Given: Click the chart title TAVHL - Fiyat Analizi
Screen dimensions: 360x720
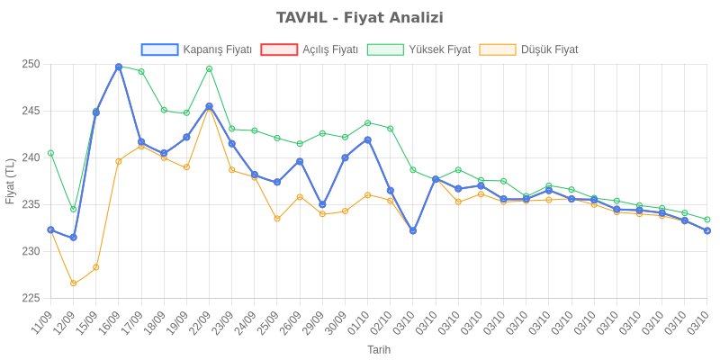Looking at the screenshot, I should (x=360, y=18).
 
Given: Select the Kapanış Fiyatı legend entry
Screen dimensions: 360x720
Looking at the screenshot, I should (x=196, y=49).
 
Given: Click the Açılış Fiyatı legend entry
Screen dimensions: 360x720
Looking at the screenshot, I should (x=310, y=49).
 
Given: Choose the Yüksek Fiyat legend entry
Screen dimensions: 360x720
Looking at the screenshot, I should (x=419, y=49).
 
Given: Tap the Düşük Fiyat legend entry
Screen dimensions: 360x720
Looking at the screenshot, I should (x=529, y=49).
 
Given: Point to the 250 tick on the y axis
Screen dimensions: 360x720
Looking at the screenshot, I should (x=32, y=65).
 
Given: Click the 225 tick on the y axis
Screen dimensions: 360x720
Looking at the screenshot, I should (x=32, y=298).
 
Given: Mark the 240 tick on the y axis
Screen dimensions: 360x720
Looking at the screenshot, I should (x=32, y=158).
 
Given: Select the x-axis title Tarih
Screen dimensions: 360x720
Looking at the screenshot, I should (x=378, y=349).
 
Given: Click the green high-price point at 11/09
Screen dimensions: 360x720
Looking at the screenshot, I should (x=50, y=153).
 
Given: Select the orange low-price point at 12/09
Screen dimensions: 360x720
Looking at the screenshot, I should (x=73, y=283).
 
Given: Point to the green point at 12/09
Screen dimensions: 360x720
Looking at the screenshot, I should (x=73, y=210).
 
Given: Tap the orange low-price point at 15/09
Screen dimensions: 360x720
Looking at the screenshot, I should (x=95, y=267).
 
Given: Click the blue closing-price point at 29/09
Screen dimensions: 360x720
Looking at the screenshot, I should (x=322, y=205).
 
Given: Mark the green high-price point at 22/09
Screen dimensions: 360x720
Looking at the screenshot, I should (x=209, y=68).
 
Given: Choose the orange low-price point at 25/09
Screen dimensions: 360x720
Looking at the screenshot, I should (x=277, y=219).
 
